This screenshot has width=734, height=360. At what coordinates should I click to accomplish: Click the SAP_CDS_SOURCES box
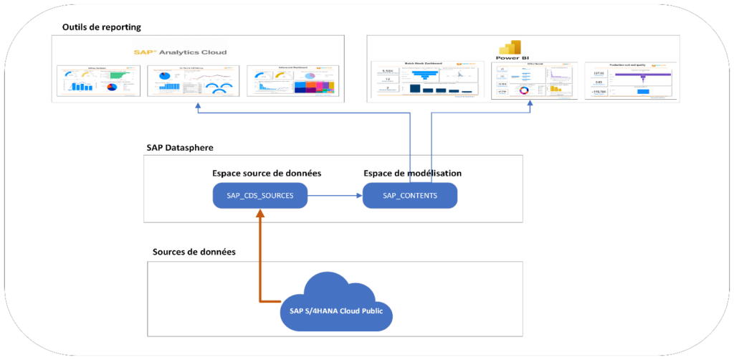pos(260,196)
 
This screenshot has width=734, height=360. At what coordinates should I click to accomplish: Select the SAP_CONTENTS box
pos(409,196)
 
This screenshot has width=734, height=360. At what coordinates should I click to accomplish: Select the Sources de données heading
pos(194,252)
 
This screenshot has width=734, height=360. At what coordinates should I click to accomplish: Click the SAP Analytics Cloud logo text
pos(180,52)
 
